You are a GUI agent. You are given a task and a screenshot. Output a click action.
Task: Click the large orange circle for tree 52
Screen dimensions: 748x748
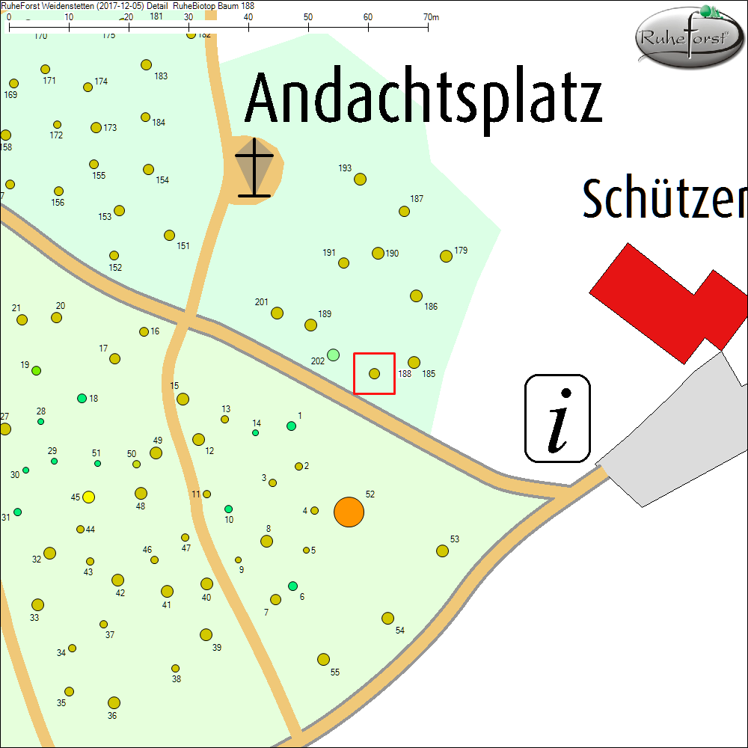click(x=349, y=512)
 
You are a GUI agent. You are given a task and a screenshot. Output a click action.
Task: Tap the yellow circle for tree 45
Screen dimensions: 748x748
click(x=88, y=497)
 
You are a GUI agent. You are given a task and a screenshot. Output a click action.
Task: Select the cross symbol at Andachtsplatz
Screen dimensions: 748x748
click(x=254, y=168)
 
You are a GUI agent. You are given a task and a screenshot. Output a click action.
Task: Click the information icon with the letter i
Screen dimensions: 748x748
click(x=558, y=419)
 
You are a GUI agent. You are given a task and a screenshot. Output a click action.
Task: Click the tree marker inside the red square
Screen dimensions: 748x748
click(x=375, y=373)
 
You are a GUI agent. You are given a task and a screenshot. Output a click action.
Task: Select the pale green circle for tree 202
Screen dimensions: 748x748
click(x=334, y=355)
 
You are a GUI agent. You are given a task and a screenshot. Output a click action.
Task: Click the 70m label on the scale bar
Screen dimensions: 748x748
click(x=431, y=16)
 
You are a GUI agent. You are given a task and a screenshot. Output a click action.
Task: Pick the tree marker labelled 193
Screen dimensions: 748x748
click(x=360, y=179)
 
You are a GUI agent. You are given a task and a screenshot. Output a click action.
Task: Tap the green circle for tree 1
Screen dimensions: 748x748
click(x=292, y=426)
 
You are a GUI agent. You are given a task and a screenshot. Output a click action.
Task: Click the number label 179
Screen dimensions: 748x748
click(x=461, y=251)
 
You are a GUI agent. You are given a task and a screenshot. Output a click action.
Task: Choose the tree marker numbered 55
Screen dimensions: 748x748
click(x=323, y=659)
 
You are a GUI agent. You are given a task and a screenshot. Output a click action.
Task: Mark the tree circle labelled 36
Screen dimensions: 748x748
click(x=114, y=702)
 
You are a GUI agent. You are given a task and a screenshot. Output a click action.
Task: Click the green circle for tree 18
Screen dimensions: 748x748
click(x=82, y=398)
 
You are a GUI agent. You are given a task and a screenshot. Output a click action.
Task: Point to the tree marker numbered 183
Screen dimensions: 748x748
click(x=147, y=65)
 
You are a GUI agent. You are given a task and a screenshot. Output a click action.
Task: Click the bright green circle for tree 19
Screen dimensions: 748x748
click(x=36, y=370)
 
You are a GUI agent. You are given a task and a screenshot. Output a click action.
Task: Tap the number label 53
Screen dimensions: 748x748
click(x=455, y=539)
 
